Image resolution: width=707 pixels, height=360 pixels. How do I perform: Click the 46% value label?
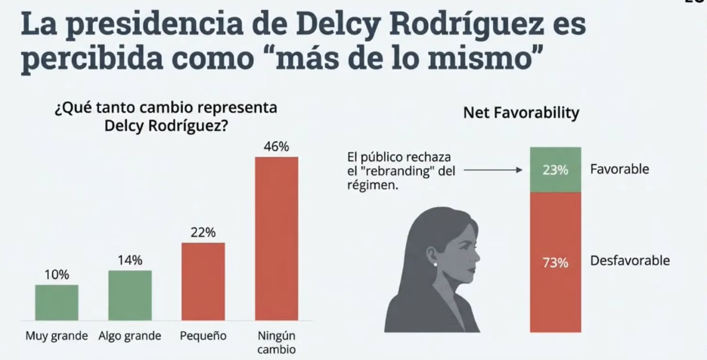(x=276, y=146)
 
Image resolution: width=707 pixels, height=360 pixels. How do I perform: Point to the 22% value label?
(x=203, y=232)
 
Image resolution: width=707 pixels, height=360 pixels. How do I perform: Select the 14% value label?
(x=130, y=260)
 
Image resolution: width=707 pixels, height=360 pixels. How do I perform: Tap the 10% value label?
(x=57, y=275)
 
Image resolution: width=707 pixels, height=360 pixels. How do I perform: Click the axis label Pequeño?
(x=203, y=336)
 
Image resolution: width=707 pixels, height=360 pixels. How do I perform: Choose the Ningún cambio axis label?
(x=276, y=343)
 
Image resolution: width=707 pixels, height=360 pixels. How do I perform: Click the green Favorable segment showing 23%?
(x=555, y=169)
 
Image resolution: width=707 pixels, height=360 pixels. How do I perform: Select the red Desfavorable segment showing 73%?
(x=555, y=262)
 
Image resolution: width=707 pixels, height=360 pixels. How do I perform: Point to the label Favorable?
(x=619, y=169)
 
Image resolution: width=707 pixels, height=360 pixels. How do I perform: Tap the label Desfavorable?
(x=630, y=261)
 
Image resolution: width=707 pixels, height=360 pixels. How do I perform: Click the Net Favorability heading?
(x=521, y=113)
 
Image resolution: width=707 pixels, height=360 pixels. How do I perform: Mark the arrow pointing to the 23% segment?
(x=492, y=171)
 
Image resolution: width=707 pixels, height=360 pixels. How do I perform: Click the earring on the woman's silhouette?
(x=436, y=264)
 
